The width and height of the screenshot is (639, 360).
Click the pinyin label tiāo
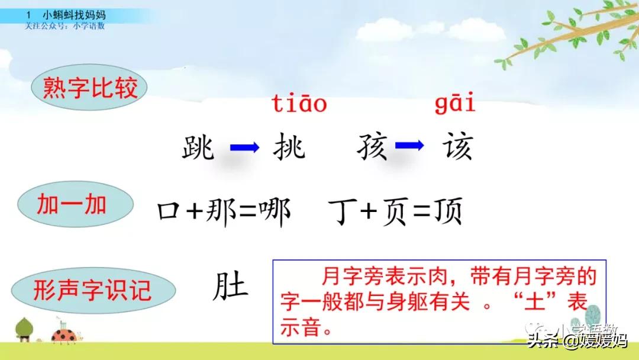click(x=299, y=105)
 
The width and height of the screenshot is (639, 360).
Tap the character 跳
click(x=198, y=146)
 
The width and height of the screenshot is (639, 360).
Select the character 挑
click(x=289, y=146)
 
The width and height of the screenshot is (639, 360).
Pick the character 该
click(x=457, y=146)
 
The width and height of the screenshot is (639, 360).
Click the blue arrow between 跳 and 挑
click(x=244, y=147)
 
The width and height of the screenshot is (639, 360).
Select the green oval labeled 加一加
click(x=72, y=205)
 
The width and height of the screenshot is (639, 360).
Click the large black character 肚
click(x=230, y=287)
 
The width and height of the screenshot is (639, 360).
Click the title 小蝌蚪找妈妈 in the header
click(x=71, y=14)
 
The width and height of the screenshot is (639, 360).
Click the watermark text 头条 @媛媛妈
click(x=577, y=342)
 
